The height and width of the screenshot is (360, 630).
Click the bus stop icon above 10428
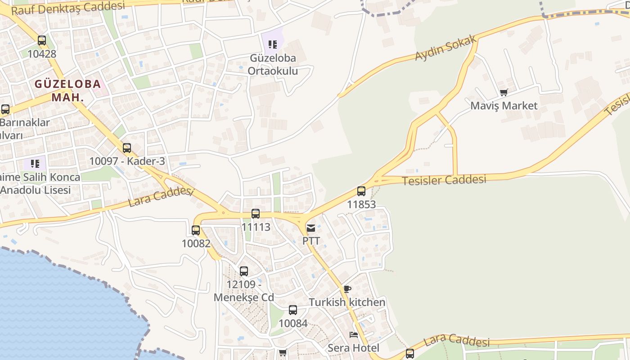pos(42,40)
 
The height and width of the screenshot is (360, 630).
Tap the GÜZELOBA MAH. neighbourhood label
pos(67,90)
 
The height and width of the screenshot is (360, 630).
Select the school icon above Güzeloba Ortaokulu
pos(272,44)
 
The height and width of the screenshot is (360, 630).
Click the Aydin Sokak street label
pos(445,49)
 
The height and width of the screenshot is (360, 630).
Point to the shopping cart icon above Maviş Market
pos(504,93)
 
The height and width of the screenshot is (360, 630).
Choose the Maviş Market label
pos(504,106)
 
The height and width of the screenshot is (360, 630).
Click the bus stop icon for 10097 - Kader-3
pos(127,148)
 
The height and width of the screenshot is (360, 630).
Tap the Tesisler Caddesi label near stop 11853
pos(444,180)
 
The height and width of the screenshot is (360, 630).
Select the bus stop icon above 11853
pos(361,191)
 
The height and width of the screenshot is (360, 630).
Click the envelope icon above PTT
pos(311,228)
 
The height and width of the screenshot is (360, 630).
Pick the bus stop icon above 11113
pos(256,214)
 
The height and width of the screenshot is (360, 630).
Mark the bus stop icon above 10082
pos(196,230)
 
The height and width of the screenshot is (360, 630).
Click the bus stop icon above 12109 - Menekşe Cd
pos(243,271)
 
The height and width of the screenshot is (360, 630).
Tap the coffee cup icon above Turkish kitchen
pos(347,289)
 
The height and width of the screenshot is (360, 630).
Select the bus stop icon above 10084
pos(293,310)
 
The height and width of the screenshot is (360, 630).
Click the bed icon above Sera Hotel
pos(354,335)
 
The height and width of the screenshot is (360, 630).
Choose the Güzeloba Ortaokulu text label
pos(273,64)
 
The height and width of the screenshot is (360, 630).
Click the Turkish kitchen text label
pos(347,302)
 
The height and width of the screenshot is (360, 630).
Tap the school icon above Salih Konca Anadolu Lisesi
pos(35,164)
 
